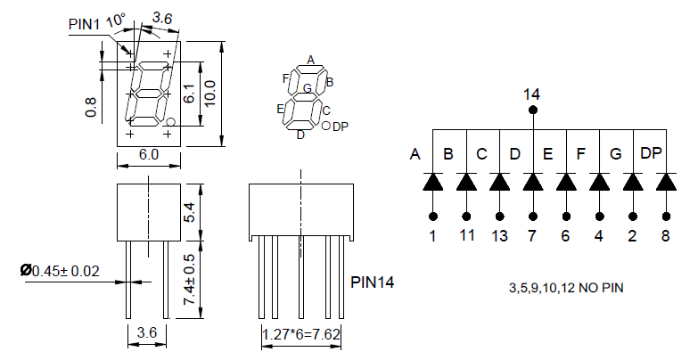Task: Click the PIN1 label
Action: click(85, 24)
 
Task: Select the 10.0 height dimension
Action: click(209, 92)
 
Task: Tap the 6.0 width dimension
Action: click(149, 155)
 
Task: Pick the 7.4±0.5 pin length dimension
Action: click(188, 280)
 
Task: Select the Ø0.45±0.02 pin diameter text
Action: click(62, 270)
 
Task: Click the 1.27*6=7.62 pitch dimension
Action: click(301, 336)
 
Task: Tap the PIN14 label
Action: click(373, 282)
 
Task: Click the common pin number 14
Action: click(532, 94)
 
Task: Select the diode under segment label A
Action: click(433, 182)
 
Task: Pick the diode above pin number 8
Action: click(666, 182)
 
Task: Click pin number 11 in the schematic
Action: click(466, 236)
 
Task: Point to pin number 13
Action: click(499, 236)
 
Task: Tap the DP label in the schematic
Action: click(652, 153)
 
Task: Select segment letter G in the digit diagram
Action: click(307, 88)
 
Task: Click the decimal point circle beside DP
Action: click(325, 127)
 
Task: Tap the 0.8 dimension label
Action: click(90, 107)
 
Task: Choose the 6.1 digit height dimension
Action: click(188, 93)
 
